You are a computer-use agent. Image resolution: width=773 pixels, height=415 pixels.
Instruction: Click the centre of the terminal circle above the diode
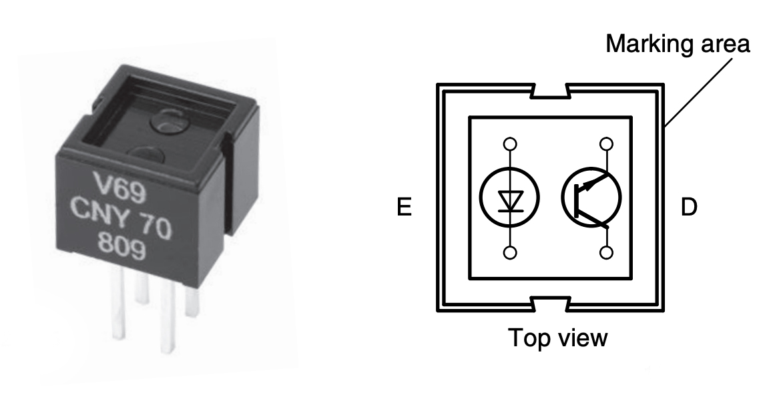point(510,144)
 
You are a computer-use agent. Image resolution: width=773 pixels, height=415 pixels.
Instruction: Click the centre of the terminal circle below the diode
point(510,253)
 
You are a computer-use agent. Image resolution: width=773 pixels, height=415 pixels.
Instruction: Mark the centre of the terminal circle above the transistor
point(606,144)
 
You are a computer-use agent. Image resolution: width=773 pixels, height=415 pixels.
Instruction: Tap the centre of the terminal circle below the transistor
point(606,253)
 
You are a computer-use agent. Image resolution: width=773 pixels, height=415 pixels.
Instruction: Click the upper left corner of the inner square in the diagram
point(469,117)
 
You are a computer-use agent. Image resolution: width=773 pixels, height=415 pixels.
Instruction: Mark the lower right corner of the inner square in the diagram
point(631,279)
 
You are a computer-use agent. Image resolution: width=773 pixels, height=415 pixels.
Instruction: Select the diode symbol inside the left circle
point(510,201)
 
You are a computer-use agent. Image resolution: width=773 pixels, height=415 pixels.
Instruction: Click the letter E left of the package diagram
point(405,207)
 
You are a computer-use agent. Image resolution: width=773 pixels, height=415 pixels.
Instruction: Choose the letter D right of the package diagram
point(689,207)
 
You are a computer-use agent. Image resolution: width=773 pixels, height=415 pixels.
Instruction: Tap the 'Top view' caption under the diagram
point(557,338)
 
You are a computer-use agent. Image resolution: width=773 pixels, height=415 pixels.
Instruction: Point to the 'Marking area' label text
point(678,44)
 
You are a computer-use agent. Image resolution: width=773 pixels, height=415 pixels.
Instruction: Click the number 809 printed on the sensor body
point(121,246)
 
